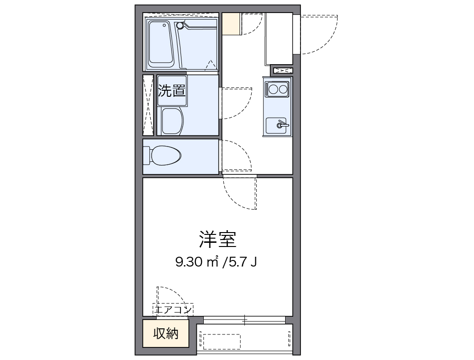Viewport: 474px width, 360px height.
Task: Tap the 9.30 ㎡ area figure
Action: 197,262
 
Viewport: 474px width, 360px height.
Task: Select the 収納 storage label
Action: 166,333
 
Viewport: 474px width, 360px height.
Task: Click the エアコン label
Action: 173,310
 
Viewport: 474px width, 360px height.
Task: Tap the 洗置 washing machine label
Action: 172,90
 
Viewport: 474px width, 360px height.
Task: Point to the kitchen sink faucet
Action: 280,125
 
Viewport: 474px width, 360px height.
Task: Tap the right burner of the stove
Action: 282,89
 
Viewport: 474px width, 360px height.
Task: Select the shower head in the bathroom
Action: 180,27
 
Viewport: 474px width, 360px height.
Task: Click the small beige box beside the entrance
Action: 231,24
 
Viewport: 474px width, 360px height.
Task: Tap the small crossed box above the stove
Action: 283,70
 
